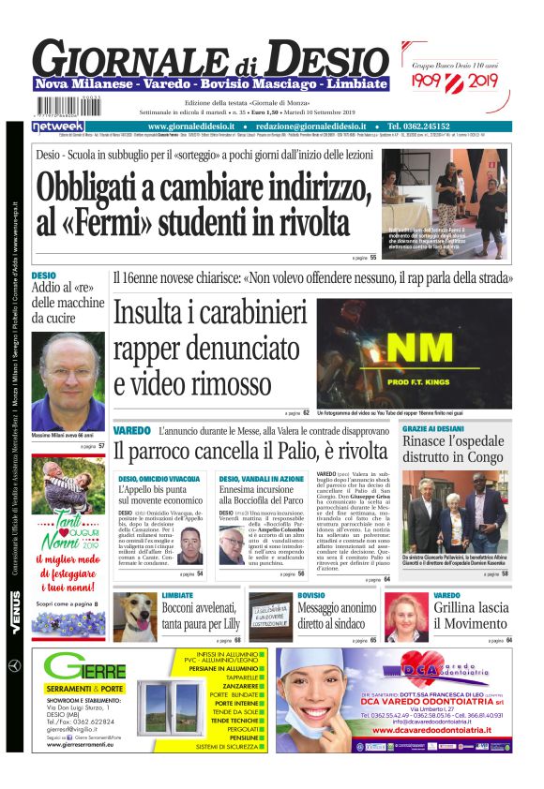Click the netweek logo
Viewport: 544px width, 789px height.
tap(58, 126)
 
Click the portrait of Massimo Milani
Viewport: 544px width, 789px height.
tap(68, 380)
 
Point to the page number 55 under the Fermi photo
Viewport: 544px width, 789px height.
tap(372, 257)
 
